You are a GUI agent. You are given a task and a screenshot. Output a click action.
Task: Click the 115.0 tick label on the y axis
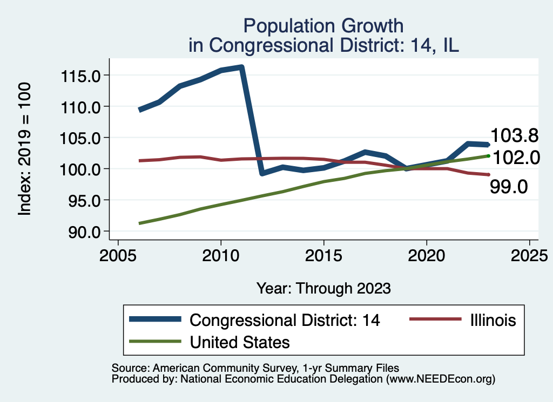(80, 76)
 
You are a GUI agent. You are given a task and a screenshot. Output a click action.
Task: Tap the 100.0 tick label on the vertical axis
(80, 169)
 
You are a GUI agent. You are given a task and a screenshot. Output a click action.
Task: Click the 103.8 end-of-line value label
(515, 135)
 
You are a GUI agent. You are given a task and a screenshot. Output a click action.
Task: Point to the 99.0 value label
(509, 187)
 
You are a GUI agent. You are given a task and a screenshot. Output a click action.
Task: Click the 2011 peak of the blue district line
(241, 67)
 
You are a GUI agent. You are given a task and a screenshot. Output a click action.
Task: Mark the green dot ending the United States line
(488, 156)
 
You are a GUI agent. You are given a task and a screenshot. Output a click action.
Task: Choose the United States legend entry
(240, 342)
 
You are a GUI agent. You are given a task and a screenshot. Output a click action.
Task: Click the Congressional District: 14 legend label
(285, 320)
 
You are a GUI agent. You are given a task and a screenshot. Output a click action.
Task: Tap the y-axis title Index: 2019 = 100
(24, 149)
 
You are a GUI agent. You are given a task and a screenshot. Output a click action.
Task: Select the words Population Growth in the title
(323, 25)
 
